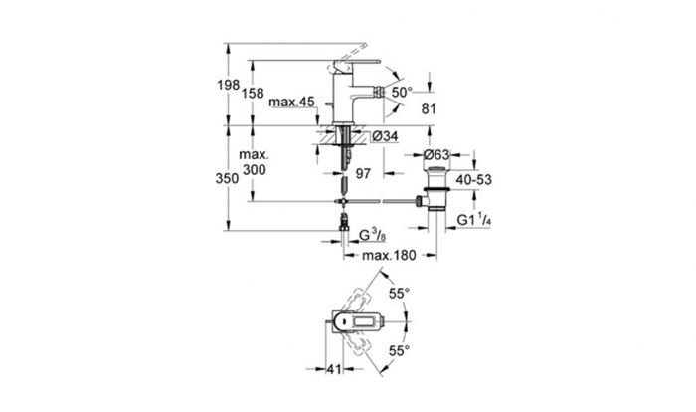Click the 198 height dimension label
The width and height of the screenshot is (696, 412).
228,85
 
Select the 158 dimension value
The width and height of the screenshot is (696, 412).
253,94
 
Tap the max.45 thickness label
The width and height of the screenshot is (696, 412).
291,102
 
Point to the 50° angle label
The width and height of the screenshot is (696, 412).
402,92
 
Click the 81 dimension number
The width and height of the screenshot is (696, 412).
429,108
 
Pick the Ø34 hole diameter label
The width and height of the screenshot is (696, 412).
385,136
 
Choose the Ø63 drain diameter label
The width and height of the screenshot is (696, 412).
436,154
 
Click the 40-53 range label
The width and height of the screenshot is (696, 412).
473,180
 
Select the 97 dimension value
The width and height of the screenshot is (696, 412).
363,173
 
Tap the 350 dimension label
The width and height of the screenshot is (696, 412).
227,178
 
